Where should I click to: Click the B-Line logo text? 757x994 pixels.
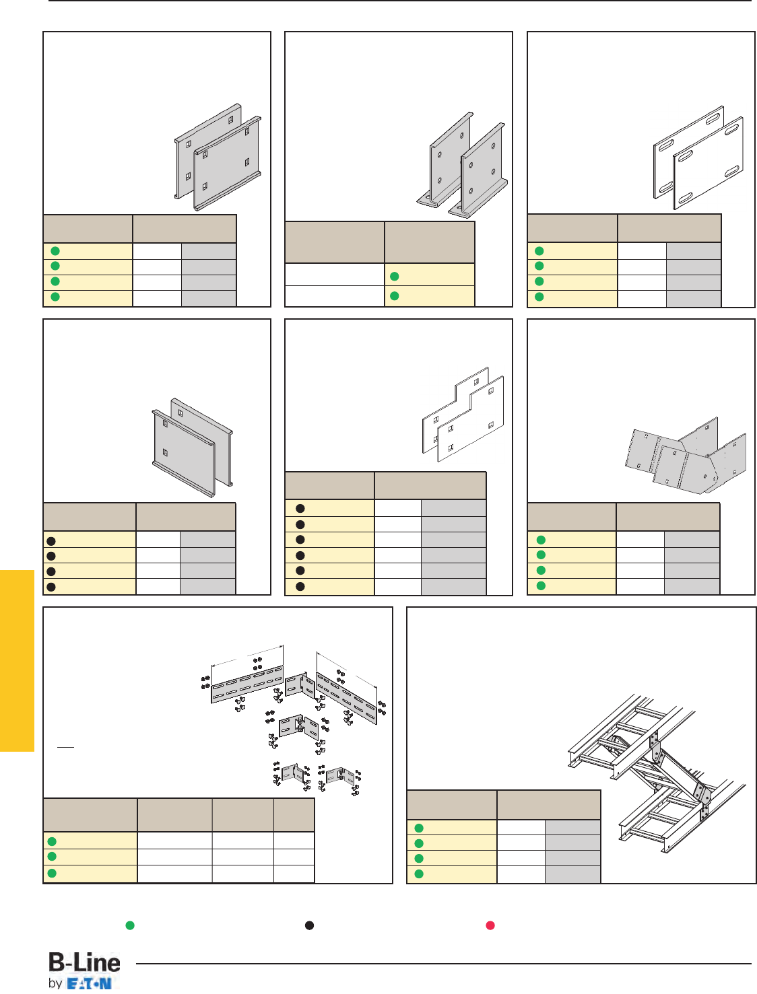(x=84, y=963)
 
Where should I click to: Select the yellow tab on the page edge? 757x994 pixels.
(x=17, y=660)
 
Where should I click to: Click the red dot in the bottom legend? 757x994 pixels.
(x=491, y=925)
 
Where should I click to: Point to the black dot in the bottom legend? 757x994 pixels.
(x=309, y=925)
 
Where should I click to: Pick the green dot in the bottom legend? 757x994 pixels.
(x=130, y=925)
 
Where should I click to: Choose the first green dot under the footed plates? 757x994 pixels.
(x=395, y=277)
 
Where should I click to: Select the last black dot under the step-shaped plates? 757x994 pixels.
(x=300, y=587)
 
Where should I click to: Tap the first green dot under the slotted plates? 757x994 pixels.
(x=539, y=251)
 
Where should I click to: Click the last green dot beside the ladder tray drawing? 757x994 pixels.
(x=419, y=874)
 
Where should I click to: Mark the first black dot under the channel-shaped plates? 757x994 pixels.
(x=51, y=540)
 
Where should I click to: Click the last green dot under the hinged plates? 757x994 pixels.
(x=541, y=585)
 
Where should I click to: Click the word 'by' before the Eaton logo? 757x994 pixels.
(x=55, y=983)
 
